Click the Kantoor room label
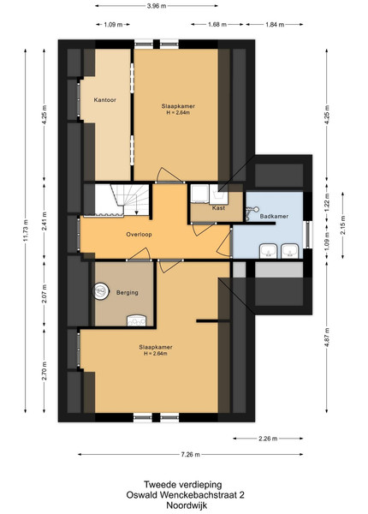click(104, 100)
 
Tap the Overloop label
click(139, 235)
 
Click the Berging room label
click(128, 292)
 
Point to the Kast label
click(218, 208)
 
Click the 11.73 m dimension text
click(26, 230)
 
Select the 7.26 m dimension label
click(190, 454)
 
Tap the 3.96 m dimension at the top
click(157, 6)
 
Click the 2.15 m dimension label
click(343, 225)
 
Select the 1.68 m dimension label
click(217, 24)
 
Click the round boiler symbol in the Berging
click(100, 291)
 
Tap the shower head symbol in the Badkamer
click(252, 211)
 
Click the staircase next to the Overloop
click(122, 200)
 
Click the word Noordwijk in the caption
click(187, 505)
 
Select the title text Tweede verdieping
click(182, 484)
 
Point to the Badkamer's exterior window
click(308, 234)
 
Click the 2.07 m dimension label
click(45, 294)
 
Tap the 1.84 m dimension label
click(275, 24)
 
